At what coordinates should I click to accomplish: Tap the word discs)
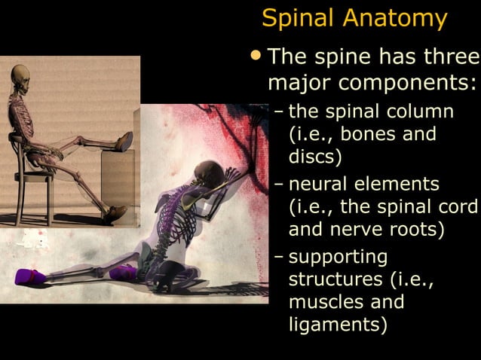(x=315, y=157)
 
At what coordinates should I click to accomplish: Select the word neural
(x=315, y=184)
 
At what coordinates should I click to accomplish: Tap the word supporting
(x=339, y=257)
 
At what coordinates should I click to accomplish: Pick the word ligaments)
(x=339, y=325)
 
